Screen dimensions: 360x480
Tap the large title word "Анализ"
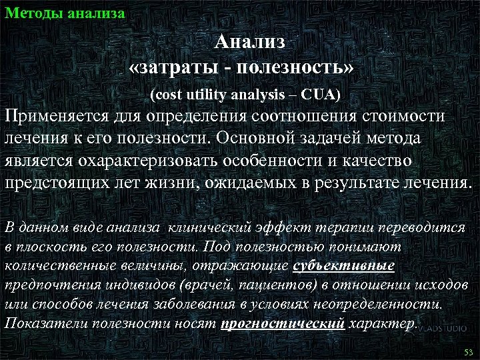point(250,42)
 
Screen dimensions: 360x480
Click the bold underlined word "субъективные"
point(344,266)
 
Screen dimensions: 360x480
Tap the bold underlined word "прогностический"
point(283,324)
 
